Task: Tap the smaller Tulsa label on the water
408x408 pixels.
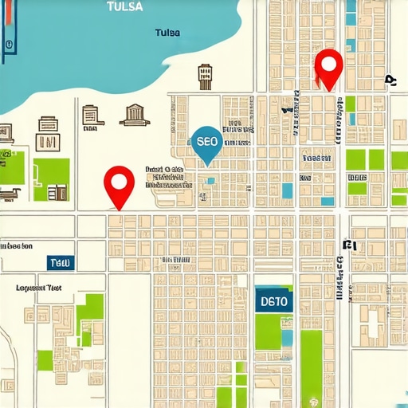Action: click(x=167, y=33)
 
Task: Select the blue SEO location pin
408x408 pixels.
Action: click(x=206, y=141)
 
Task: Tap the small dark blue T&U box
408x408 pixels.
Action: click(x=60, y=262)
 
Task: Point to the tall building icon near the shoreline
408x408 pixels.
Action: click(x=205, y=76)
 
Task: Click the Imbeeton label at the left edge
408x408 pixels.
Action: click(x=18, y=246)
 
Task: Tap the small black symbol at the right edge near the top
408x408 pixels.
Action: click(x=390, y=80)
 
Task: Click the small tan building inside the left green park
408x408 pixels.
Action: click(x=57, y=192)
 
